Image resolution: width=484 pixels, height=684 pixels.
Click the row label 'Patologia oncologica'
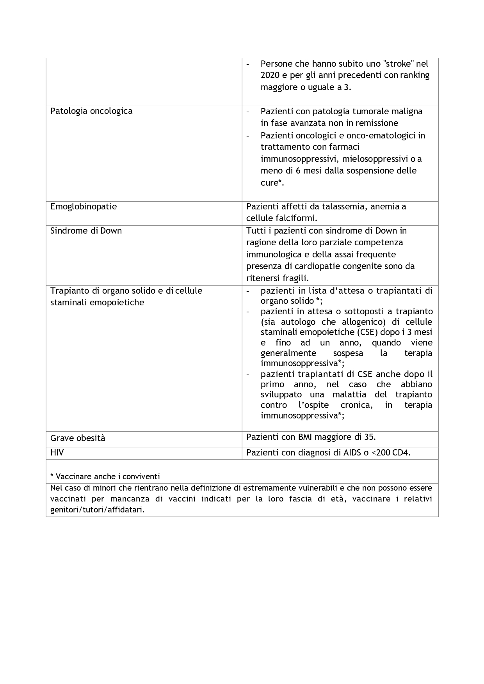click(x=91, y=111)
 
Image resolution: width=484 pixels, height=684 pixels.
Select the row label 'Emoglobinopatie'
click(x=84, y=207)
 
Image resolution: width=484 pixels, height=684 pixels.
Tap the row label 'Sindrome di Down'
click(x=86, y=231)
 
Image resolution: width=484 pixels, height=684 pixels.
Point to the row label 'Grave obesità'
click(x=78, y=438)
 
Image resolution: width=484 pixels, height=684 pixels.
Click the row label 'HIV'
click(x=57, y=453)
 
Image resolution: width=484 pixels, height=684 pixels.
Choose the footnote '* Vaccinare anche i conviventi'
click(x=105, y=477)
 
